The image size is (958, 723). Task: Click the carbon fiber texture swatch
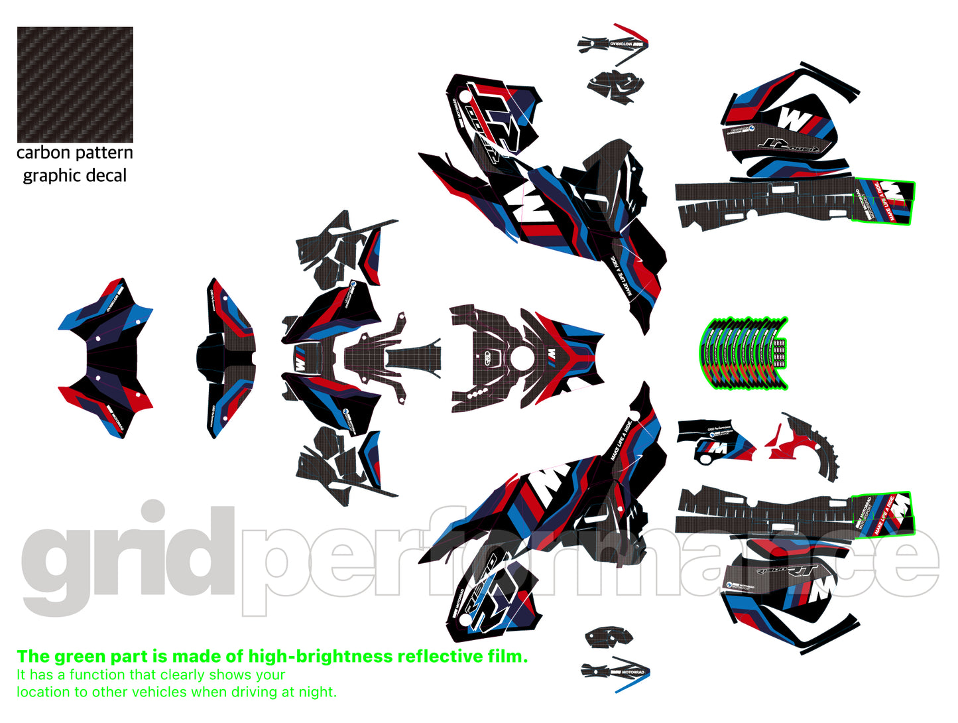pyautogui.click(x=75, y=84)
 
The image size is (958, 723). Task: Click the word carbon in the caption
pyautogui.click(x=43, y=153)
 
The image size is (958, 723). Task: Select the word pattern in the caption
pyautogui.click(x=104, y=153)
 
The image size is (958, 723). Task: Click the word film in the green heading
pyautogui.click(x=509, y=657)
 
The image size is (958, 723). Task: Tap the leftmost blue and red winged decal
pyautogui.click(x=105, y=358)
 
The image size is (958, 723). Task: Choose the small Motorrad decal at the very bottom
pyautogui.click(x=615, y=671)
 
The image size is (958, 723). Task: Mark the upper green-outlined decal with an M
pyautogui.click(x=884, y=200)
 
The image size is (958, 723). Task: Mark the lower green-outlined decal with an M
pyautogui.click(x=883, y=513)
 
